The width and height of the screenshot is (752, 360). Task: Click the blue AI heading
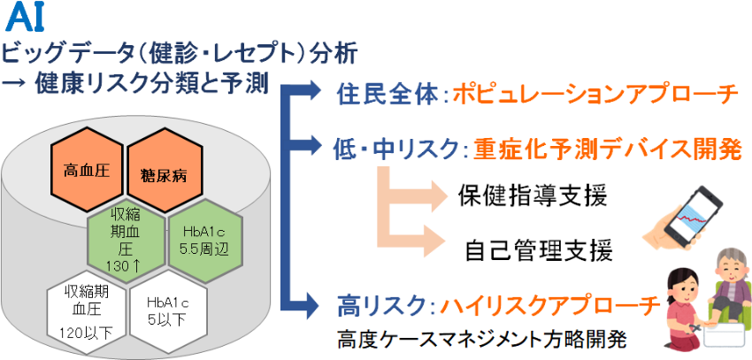27,19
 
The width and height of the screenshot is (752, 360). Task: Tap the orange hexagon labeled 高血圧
87,170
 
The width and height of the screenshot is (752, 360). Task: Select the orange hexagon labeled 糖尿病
164,175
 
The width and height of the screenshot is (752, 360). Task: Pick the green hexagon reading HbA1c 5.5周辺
205,240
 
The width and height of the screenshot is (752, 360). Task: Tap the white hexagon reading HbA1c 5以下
168,312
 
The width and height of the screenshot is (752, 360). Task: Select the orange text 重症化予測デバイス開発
608,150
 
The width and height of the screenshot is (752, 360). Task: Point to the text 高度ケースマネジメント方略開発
481,339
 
